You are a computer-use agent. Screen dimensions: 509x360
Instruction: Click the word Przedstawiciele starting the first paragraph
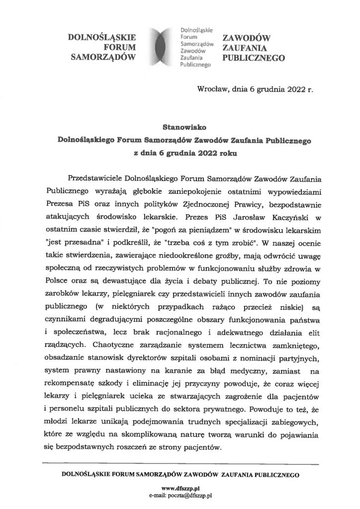(x=95, y=177)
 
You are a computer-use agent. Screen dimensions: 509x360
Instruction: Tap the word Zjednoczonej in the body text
(x=201, y=203)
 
